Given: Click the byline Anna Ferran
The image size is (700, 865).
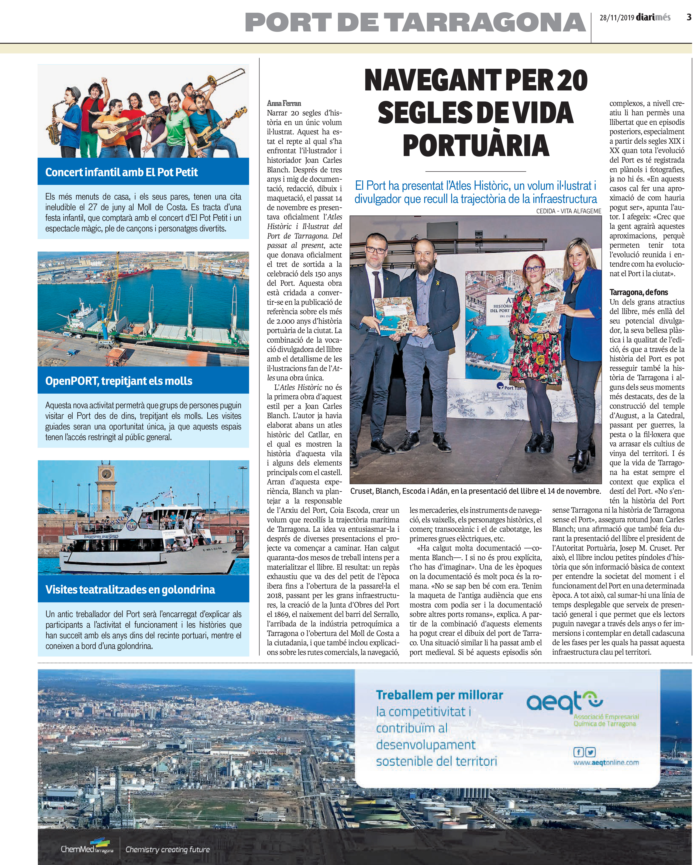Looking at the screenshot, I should pos(284,103).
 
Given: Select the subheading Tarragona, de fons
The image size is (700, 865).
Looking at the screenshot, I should pos(639,292).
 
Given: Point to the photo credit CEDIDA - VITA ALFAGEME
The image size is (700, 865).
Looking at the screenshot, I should pos(569,211).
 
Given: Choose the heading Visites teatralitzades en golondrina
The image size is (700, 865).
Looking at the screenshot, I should pos(130,589).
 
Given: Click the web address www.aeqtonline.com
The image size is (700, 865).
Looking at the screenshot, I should pos(606,762).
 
